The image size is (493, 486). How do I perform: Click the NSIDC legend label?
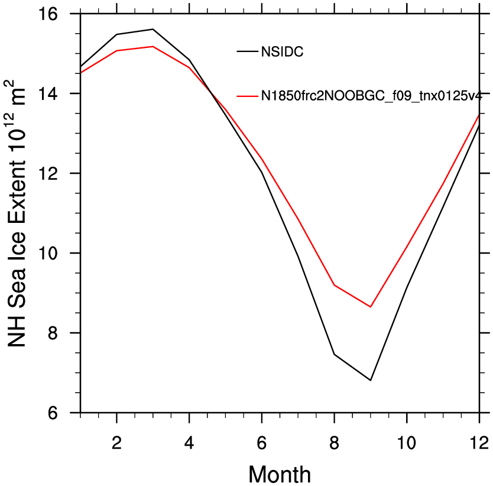pos(282,52)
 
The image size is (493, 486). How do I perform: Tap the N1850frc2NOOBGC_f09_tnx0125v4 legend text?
pos(371,96)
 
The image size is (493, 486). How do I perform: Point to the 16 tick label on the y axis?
pos(48,14)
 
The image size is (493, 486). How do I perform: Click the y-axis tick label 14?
pos(48,93)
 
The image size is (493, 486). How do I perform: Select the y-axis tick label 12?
pos(48,173)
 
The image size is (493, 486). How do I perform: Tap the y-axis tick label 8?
pos(53,333)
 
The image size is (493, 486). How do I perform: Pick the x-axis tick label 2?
pos(116,443)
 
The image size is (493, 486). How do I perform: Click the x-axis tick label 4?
pos(189,443)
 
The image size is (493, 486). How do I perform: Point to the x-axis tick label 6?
pos(262,443)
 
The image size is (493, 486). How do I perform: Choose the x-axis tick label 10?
pos(407,443)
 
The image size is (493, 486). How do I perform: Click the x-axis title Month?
pos(280,474)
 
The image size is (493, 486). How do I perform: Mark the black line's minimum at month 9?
pos(371,380)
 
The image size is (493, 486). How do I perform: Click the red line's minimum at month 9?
pos(371,307)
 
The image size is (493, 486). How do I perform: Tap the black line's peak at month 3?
pos(153,29)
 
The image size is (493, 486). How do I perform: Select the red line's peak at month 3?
pos(153,47)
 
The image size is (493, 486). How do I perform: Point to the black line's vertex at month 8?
pos(334,355)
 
